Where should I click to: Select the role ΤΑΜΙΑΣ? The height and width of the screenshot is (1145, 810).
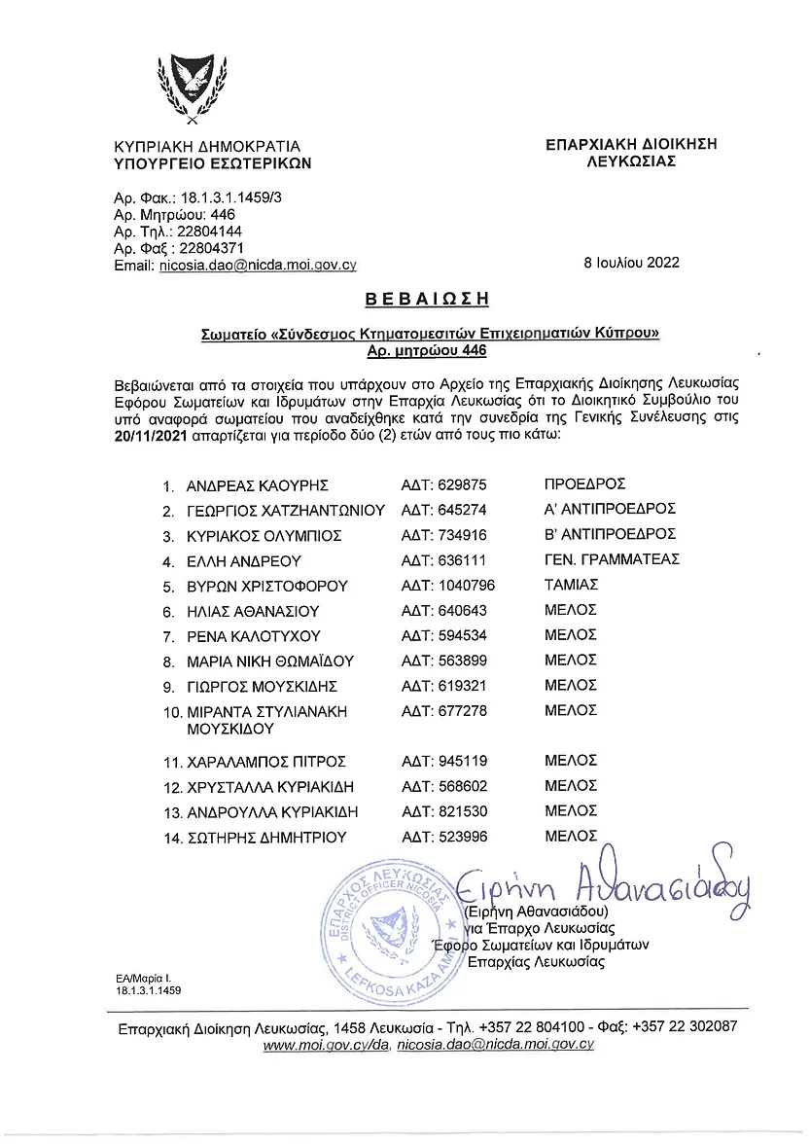coord(571,585)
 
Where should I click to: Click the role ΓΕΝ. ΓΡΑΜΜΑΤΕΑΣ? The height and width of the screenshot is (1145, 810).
coord(612,559)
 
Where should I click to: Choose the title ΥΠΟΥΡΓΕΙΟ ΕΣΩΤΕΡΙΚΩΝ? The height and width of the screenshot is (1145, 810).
coord(212,163)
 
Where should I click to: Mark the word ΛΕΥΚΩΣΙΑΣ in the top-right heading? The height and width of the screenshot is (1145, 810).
coord(632,161)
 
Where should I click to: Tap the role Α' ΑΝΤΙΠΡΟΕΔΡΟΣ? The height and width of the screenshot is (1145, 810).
coord(610,509)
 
